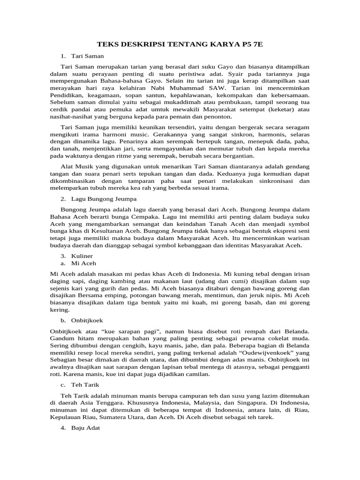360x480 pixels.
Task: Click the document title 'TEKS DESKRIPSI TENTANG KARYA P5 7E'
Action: click(180, 45)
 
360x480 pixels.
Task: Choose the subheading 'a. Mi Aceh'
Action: click(78, 263)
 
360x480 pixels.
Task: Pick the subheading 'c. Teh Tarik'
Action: click(81, 385)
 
